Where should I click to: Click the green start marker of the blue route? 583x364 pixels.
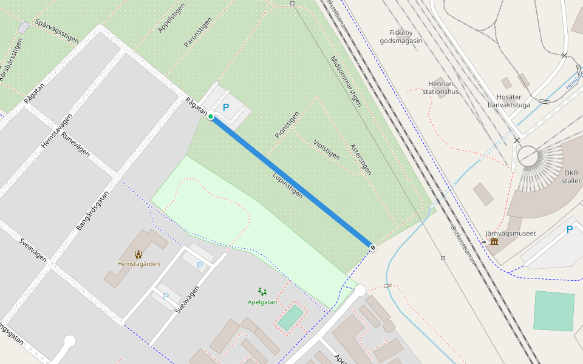tap(211, 116)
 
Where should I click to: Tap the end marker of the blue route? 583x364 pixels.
tap(373, 247)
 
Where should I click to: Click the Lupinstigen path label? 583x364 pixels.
tap(287, 186)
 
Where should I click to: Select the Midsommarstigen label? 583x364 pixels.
tap(346, 81)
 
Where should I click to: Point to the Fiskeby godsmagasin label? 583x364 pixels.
tap(401, 37)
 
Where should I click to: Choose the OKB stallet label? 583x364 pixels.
tap(571, 177)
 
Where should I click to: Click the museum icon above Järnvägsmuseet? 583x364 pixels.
tap(494, 242)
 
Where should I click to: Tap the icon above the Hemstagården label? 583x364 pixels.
tap(138, 254)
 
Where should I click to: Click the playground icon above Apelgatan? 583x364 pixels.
tap(262, 291)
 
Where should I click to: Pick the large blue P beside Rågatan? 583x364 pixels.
tap(226, 108)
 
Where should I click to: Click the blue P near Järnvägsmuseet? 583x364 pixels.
tap(569, 229)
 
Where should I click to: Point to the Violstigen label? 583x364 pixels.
tap(326, 149)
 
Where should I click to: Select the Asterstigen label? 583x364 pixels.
tap(361, 160)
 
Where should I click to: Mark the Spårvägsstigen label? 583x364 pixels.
tap(57, 30)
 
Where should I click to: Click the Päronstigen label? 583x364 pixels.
tap(198, 33)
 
